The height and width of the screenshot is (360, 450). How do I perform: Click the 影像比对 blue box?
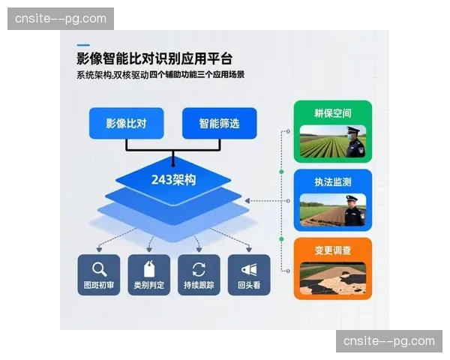(126, 123)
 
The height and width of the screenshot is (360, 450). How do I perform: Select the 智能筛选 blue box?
(219, 123)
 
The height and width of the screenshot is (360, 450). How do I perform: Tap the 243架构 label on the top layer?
(173, 179)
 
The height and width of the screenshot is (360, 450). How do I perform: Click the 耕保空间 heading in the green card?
(332, 114)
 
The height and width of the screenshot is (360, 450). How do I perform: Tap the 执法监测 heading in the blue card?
(332, 182)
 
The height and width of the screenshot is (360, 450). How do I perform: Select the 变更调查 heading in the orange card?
(332, 250)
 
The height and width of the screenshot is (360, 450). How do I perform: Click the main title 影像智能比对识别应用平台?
(154, 59)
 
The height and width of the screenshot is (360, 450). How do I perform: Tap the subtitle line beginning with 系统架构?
(160, 75)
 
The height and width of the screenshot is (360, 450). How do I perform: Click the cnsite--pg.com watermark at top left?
(60, 18)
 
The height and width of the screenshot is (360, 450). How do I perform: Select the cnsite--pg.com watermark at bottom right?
(389, 341)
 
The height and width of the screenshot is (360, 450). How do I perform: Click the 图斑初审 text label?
(99, 286)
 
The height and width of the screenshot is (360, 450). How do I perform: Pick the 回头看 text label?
(248, 286)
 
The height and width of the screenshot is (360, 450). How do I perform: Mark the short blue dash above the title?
(82, 44)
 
